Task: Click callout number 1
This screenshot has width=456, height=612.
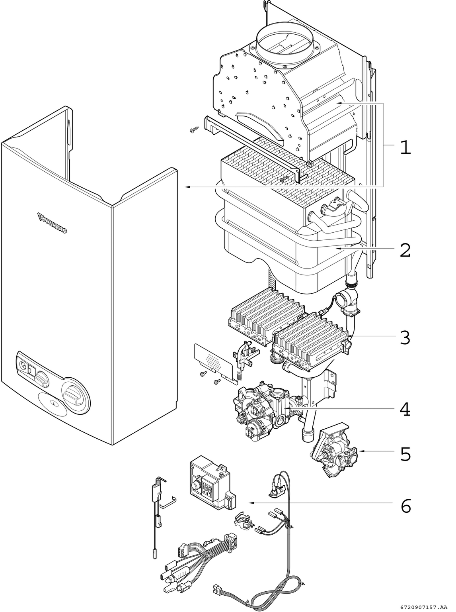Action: (405, 148)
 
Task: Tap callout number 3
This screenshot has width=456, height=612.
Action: (405, 337)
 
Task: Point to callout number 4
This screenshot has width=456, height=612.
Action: (405, 409)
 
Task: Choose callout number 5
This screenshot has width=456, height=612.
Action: (405, 454)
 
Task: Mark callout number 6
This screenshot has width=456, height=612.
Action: (405, 506)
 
